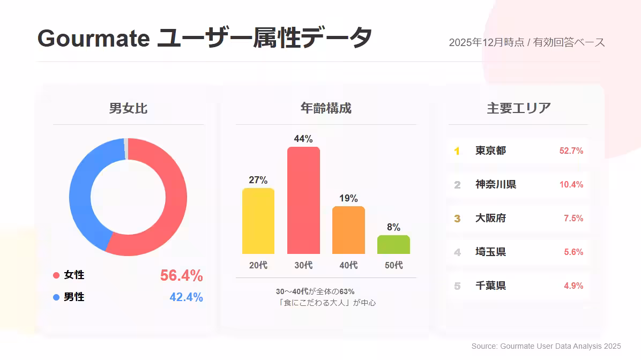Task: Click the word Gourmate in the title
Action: click(93, 39)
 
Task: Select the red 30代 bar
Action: click(303, 200)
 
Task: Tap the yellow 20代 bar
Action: click(258, 221)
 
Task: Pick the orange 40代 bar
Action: click(348, 230)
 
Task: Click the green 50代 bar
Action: click(393, 244)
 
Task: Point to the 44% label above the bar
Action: click(303, 139)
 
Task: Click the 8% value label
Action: click(393, 227)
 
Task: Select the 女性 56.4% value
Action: click(181, 276)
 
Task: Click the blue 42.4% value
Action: click(186, 297)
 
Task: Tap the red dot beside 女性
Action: click(56, 275)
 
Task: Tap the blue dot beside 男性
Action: click(56, 297)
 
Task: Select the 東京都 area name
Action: click(490, 151)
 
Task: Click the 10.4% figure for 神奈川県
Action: click(571, 185)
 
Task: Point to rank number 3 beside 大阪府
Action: click(457, 219)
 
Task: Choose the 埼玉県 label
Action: click(490, 252)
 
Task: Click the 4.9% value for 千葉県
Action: click(573, 286)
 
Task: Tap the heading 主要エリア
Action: click(518, 108)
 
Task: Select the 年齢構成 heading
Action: click(326, 108)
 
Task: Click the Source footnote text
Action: click(546, 347)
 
